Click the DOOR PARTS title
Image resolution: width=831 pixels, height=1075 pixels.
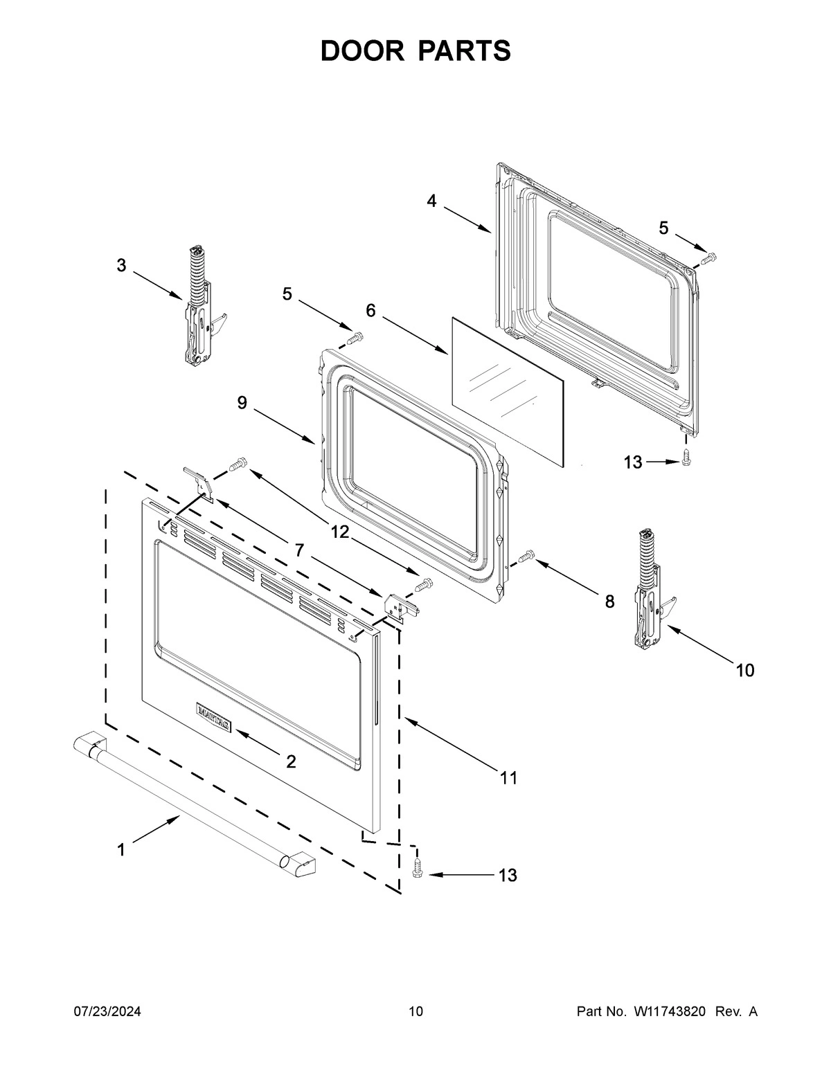click(x=415, y=51)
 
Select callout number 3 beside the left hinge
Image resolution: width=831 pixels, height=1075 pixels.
click(x=121, y=265)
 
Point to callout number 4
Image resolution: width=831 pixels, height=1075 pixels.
click(x=432, y=201)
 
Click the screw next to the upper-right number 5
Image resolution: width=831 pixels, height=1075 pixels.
click(x=708, y=259)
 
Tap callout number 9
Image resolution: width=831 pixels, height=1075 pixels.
click(x=242, y=403)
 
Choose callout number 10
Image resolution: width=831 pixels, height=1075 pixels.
click(x=744, y=670)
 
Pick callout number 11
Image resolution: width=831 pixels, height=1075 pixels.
click(x=509, y=778)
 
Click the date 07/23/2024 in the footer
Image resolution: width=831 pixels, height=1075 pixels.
click(x=107, y=1012)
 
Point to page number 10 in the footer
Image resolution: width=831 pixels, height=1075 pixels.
click(x=415, y=1012)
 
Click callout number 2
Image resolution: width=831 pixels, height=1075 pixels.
click(x=291, y=761)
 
